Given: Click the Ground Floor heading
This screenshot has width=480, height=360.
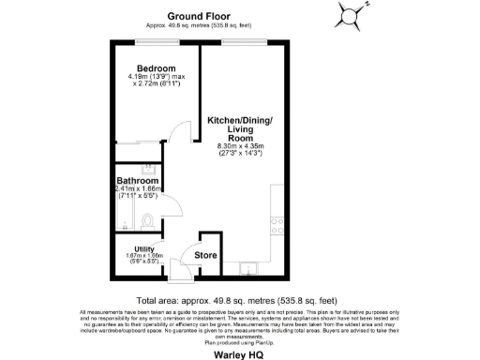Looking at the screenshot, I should [x=201, y=16].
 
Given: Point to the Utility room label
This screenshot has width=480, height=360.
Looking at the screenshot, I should [x=143, y=247].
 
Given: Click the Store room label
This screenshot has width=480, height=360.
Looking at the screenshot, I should [x=206, y=254].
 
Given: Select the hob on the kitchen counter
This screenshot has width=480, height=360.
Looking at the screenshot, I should [x=277, y=226].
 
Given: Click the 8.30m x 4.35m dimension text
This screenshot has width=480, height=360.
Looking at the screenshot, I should [x=240, y=146].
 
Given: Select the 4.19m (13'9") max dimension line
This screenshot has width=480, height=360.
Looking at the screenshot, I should [x=153, y=79].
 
